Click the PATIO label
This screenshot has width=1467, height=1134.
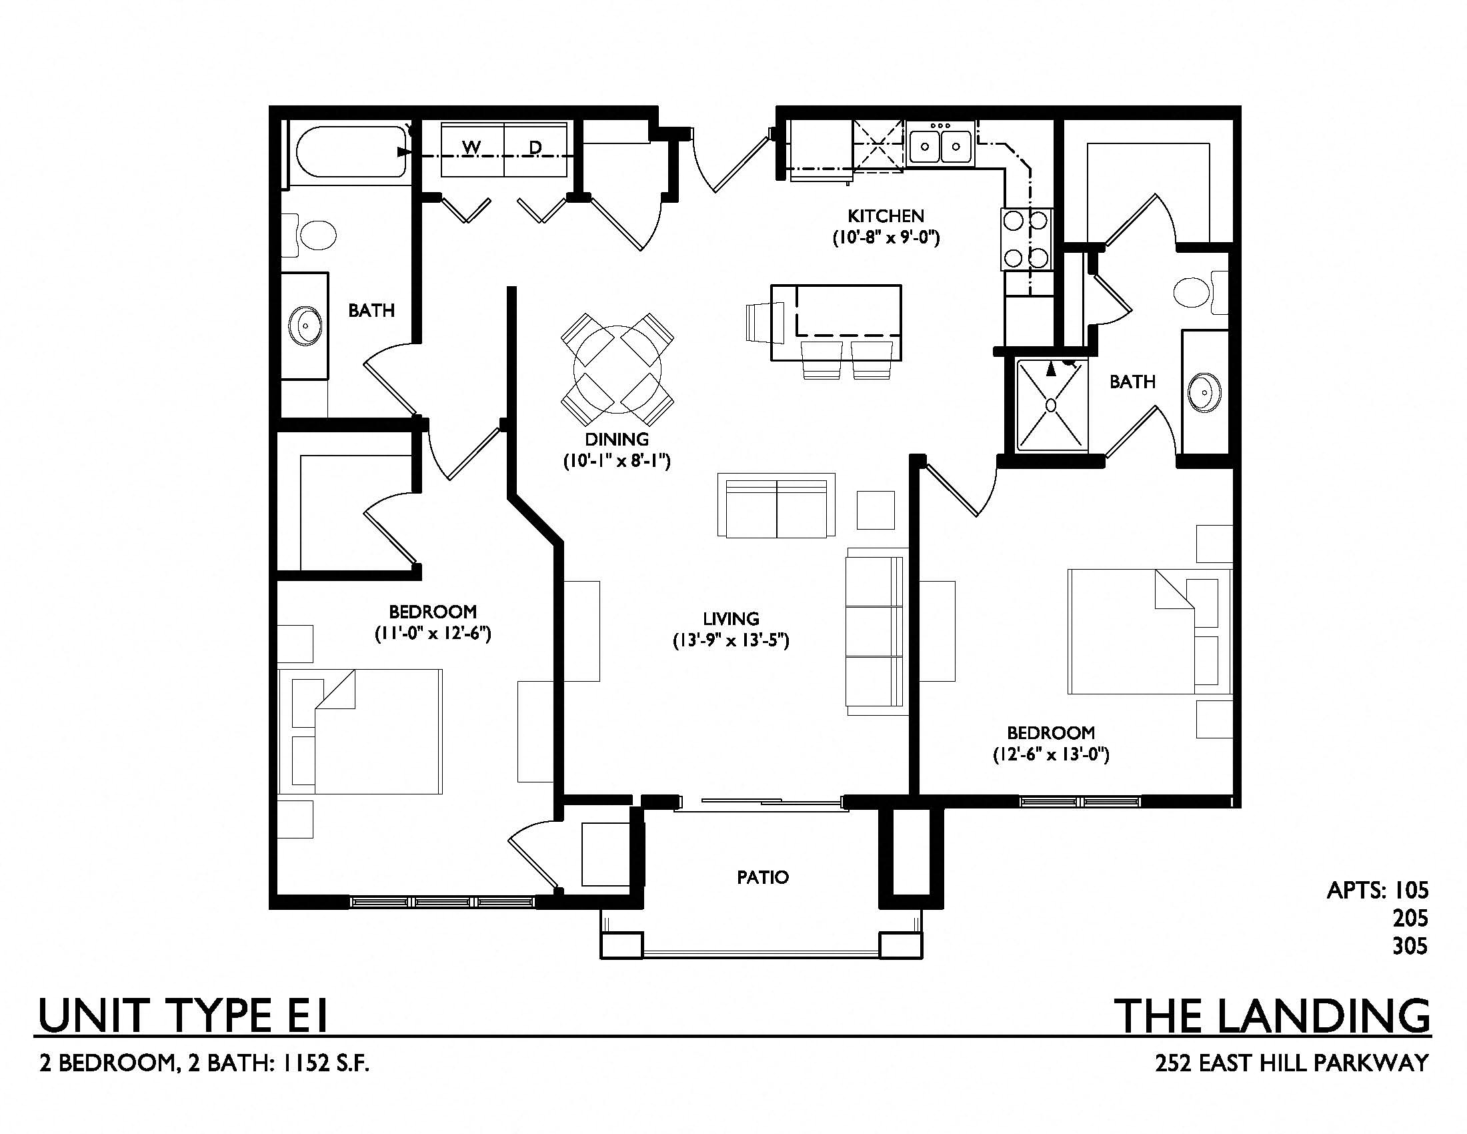pos(762,877)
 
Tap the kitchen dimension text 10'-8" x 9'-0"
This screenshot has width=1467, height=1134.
pos(886,238)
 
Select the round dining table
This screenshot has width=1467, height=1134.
pos(617,370)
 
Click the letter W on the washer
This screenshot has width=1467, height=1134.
pos(471,147)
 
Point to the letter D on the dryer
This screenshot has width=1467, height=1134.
pos(535,147)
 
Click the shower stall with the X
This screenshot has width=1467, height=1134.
pos(1052,405)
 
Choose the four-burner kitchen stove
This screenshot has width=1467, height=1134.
pos(1027,239)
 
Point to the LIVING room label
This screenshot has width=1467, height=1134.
pos(731,619)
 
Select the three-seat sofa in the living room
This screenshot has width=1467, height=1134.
pos(876,632)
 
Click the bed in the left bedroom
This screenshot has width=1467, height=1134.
pos(361,732)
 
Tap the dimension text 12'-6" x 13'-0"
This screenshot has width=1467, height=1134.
pos(1051,754)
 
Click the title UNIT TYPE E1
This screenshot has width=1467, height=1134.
pos(183,1016)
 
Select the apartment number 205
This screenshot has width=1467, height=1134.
pos(1410,918)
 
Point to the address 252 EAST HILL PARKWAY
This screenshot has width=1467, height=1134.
pos(1292,1063)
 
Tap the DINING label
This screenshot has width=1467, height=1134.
pos(617,440)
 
